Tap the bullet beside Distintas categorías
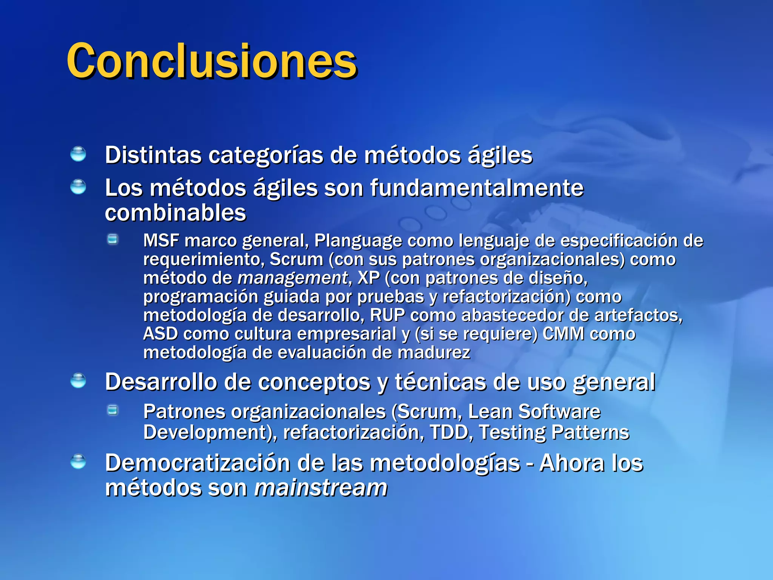pyautogui.click(x=78, y=154)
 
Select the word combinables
pyautogui.click(x=176, y=213)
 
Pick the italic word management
pyautogui.click(x=292, y=278)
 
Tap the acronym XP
pyautogui.click(x=368, y=278)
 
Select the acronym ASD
pyautogui.click(x=160, y=334)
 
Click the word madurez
pyautogui.click(x=434, y=353)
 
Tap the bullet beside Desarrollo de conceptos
pyautogui.click(x=78, y=381)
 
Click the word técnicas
pyautogui.click(x=440, y=382)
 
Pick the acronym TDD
pyautogui.click(x=449, y=432)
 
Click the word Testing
pyautogui.click(x=512, y=433)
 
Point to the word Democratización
pyautogui.click(x=197, y=463)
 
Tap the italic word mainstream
pyautogui.click(x=321, y=487)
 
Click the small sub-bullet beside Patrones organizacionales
pyautogui.click(x=112, y=410)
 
